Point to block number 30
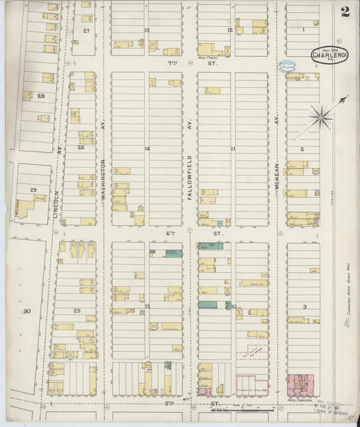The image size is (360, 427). point(27,311)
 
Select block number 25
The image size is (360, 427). point(78,309)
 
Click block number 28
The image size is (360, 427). point(41,97)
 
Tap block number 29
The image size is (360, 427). point(32,191)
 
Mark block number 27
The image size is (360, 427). point(86,31)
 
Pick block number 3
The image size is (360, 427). point(305,307)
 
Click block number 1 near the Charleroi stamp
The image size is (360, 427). point(304,30)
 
